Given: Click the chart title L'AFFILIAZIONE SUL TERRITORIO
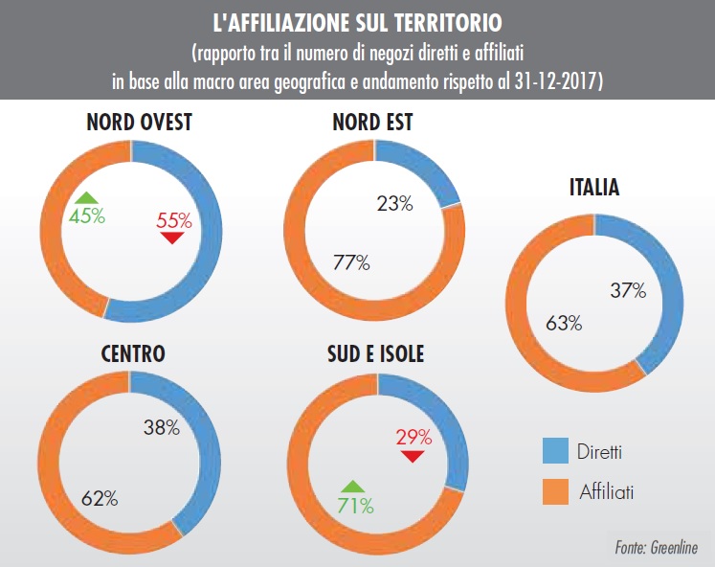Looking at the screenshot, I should pyautogui.click(x=358, y=20).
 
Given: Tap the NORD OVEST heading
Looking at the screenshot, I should pyautogui.click(x=139, y=124).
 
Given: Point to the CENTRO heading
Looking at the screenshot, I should pyautogui.click(x=133, y=353).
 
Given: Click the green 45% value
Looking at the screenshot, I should pyautogui.click(x=86, y=215).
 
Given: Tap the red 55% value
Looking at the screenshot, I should pyautogui.click(x=174, y=220).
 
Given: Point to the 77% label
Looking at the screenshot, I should pyautogui.click(x=350, y=263).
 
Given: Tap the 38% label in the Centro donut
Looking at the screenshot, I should pyautogui.click(x=160, y=428).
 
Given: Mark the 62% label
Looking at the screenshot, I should pyautogui.click(x=99, y=497).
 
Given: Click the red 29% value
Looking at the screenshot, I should pyautogui.click(x=413, y=437).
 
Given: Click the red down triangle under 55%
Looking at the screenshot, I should pyautogui.click(x=172, y=238).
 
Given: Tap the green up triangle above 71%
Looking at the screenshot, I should pyautogui.click(x=352, y=486).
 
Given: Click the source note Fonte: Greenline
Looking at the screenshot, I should pyautogui.click(x=657, y=549).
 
